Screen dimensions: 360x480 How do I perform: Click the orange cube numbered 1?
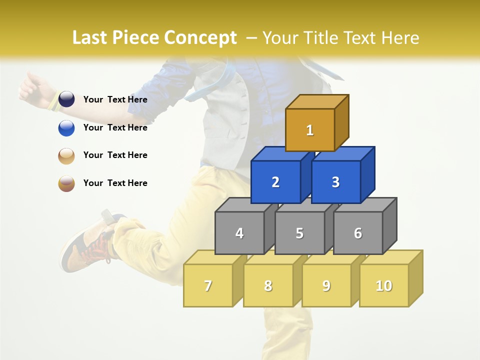310,130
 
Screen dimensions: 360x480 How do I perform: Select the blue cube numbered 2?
275,182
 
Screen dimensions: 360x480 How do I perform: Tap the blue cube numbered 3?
335,182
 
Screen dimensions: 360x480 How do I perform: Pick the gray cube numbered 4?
239,233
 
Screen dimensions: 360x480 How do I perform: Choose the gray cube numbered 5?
299,233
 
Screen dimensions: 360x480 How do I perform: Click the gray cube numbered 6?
358,233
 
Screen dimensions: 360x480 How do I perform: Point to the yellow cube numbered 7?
208,285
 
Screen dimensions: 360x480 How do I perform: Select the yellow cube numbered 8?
268,285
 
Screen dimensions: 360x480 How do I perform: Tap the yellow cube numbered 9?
326,285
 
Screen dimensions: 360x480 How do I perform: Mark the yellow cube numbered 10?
384,285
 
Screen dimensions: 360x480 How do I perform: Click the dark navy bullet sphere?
66,99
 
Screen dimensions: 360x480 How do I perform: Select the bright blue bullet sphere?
66,128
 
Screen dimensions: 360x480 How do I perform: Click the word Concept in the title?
200,37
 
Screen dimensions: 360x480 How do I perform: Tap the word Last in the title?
90,37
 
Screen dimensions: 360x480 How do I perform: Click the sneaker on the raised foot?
85,245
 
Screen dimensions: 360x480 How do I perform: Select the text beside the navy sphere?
115,99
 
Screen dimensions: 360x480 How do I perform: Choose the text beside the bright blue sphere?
115,127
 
